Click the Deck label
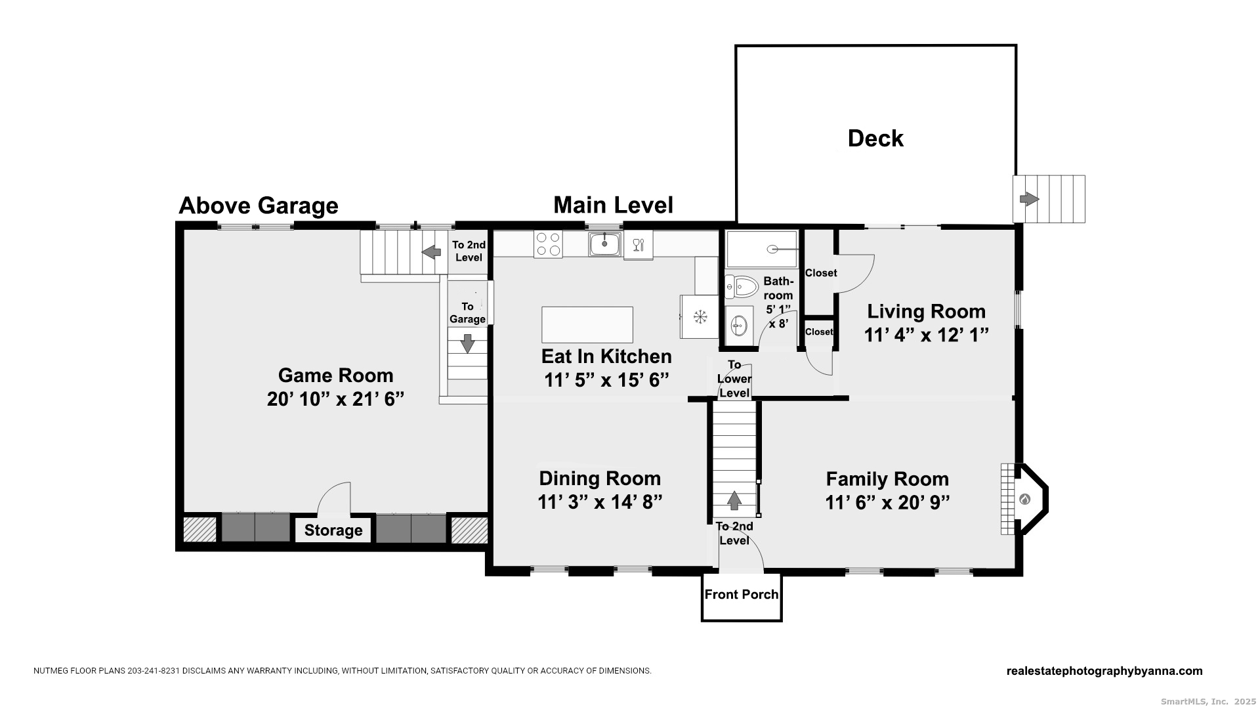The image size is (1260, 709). coord(875,139)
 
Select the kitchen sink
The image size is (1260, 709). coord(604,244)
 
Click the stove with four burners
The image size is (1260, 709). coord(548,244)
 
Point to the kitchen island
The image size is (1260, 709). coord(587,324)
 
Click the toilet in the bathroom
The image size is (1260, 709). coord(742,287)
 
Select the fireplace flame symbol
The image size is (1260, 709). coord(1024,500)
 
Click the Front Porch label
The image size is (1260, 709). coord(741,595)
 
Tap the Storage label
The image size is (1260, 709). coord(333,530)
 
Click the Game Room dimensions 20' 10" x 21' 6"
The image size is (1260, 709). coord(335,399)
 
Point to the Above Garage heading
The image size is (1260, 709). coord(259,206)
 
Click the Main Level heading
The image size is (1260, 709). coord(613,205)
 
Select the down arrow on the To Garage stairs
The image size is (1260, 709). coord(467,343)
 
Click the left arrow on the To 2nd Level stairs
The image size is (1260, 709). coord(430,251)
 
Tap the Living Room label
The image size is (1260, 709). coord(926,311)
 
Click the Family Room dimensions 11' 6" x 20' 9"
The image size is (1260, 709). coord(887,502)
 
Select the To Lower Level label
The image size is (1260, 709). coord(734,379)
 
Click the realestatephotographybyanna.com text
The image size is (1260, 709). coord(1104,671)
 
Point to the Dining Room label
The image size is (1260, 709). coord(600,478)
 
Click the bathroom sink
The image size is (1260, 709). coord(740,324)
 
